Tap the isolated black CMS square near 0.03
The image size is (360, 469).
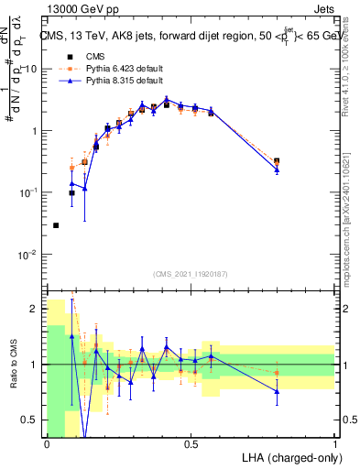click(56, 225)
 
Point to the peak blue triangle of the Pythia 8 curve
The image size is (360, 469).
click(167, 100)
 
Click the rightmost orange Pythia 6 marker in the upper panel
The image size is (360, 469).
click(277, 162)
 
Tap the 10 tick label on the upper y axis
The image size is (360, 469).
click(30, 69)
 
